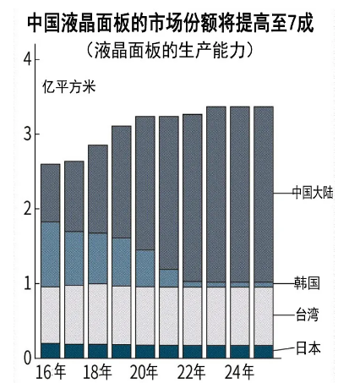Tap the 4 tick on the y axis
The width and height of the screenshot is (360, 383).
point(27,59)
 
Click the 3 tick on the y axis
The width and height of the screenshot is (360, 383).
point(27,134)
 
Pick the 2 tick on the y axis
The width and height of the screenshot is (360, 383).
point(27,208)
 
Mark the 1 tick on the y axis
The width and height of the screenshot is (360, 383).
point(27,283)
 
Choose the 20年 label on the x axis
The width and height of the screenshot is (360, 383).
point(145,371)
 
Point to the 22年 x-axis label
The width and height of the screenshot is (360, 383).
point(193,371)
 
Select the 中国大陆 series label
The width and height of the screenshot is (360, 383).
point(313,192)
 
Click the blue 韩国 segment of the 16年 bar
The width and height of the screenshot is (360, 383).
point(50,254)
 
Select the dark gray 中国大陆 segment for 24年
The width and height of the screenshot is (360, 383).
point(240,194)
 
